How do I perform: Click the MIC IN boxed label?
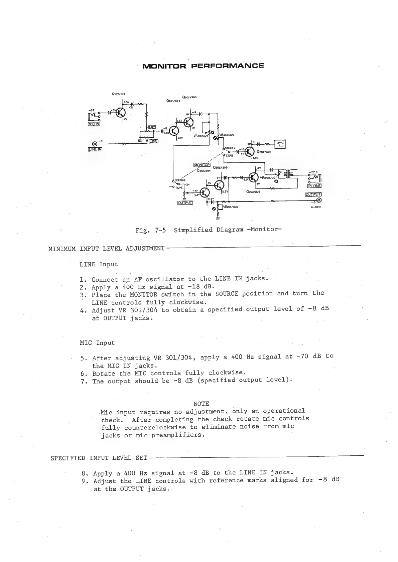click(x=94, y=124)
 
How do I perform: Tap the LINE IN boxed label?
click(x=95, y=149)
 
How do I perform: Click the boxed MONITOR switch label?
click(x=202, y=165)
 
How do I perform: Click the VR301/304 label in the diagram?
click(x=201, y=136)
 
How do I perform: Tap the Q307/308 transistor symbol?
click(x=249, y=152)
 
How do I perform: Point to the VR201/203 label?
click(x=230, y=207)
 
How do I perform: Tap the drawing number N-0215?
click(x=316, y=207)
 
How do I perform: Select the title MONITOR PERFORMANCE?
click(x=203, y=65)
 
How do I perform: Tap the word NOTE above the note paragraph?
click(x=201, y=404)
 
